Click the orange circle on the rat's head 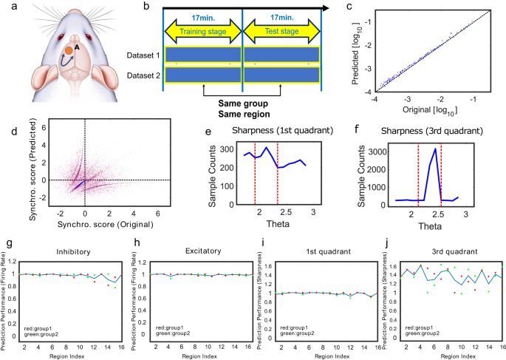67,50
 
